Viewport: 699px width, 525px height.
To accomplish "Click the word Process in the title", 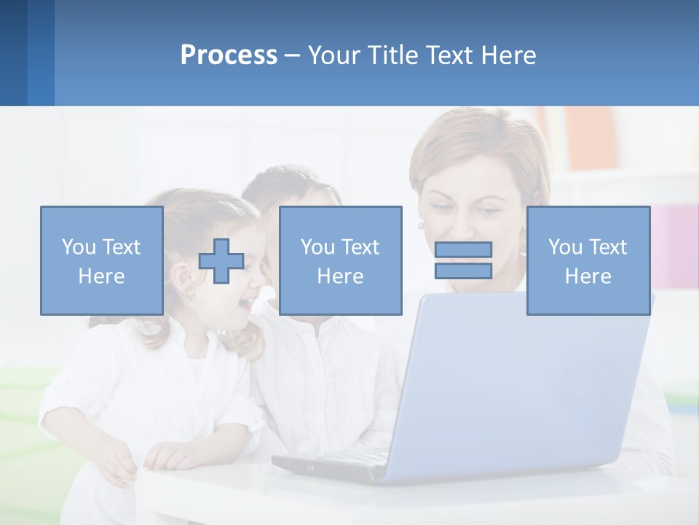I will pos(229,55).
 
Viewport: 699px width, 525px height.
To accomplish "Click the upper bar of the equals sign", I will pos(463,249).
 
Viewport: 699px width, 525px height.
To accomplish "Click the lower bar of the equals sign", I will pos(463,271).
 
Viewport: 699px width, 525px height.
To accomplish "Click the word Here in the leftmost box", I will pos(101,276).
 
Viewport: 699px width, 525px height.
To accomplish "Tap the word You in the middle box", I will pos(317,247).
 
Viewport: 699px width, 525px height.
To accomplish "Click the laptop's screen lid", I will pos(524,379).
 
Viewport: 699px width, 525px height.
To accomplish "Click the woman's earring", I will pos(420,226).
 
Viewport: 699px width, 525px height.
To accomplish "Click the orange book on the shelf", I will pos(591,139).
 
